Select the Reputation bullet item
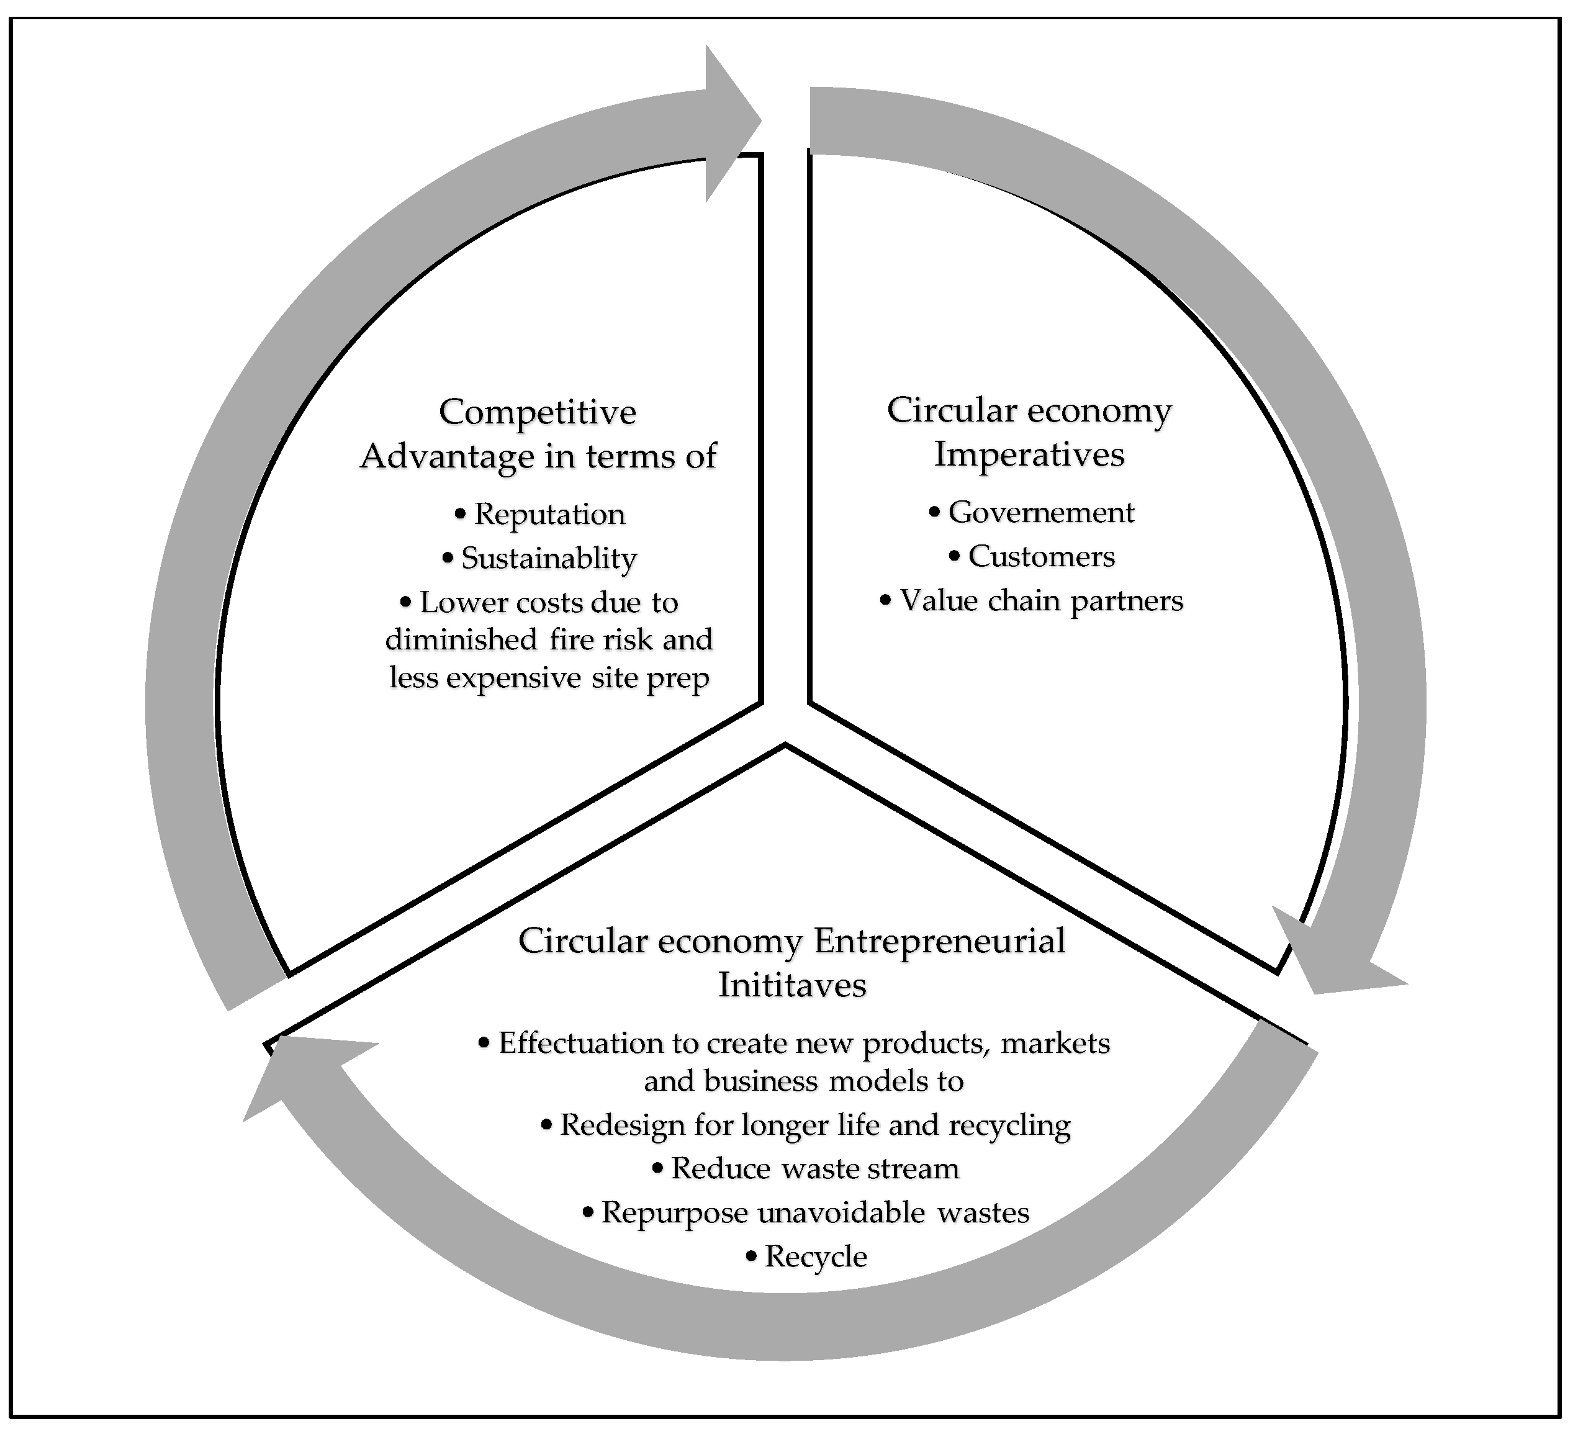click(x=549, y=514)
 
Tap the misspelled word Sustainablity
click(x=549, y=558)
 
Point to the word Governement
click(x=1041, y=512)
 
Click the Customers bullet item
click(x=1041, y=557)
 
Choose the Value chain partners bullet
click(x=1041, y=600)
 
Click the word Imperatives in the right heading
click(x=1029, y=454)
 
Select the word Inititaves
click(x=792, y=985)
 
